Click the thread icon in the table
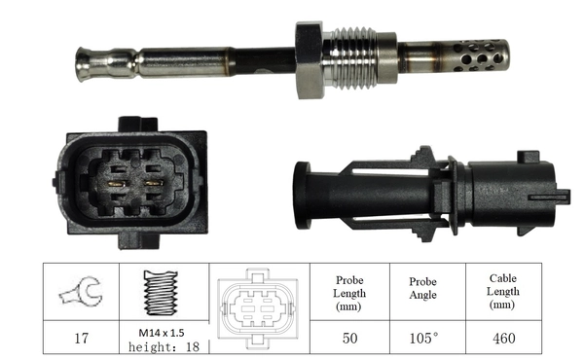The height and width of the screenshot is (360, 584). tap(162, 291)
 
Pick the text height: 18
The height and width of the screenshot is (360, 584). tap(162, 347)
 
